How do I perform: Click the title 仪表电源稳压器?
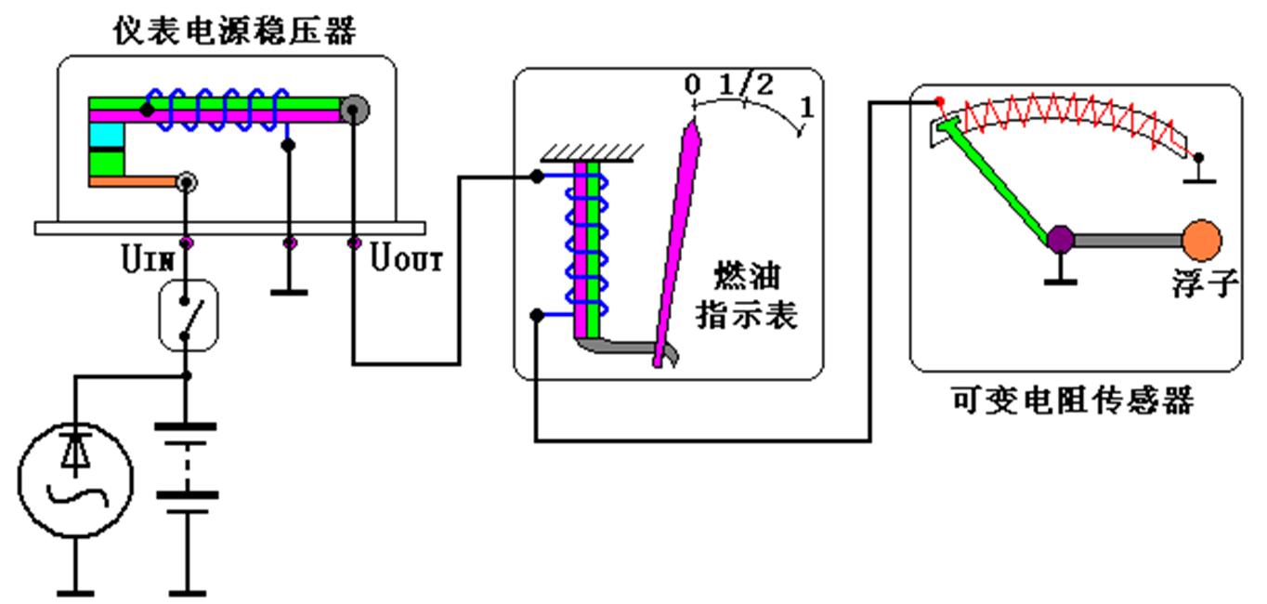[x=234, y=32]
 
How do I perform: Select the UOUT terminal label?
[x=407, y=258]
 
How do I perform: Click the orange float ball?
[x=1201, y=240]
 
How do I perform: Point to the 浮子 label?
[x=1205, y=283]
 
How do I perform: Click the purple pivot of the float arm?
[x=1060, y=240]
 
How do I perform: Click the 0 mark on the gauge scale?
[x=692, y=85]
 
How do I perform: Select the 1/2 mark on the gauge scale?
[x=746, y=85]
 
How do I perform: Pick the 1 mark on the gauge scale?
[x=806, y=107]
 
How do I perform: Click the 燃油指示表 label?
[x=747, y=295]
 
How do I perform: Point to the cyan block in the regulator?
[x=106, y=136]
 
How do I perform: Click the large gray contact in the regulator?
[x=354, y=111]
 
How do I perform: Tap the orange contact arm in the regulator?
[x=133, y=182]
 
